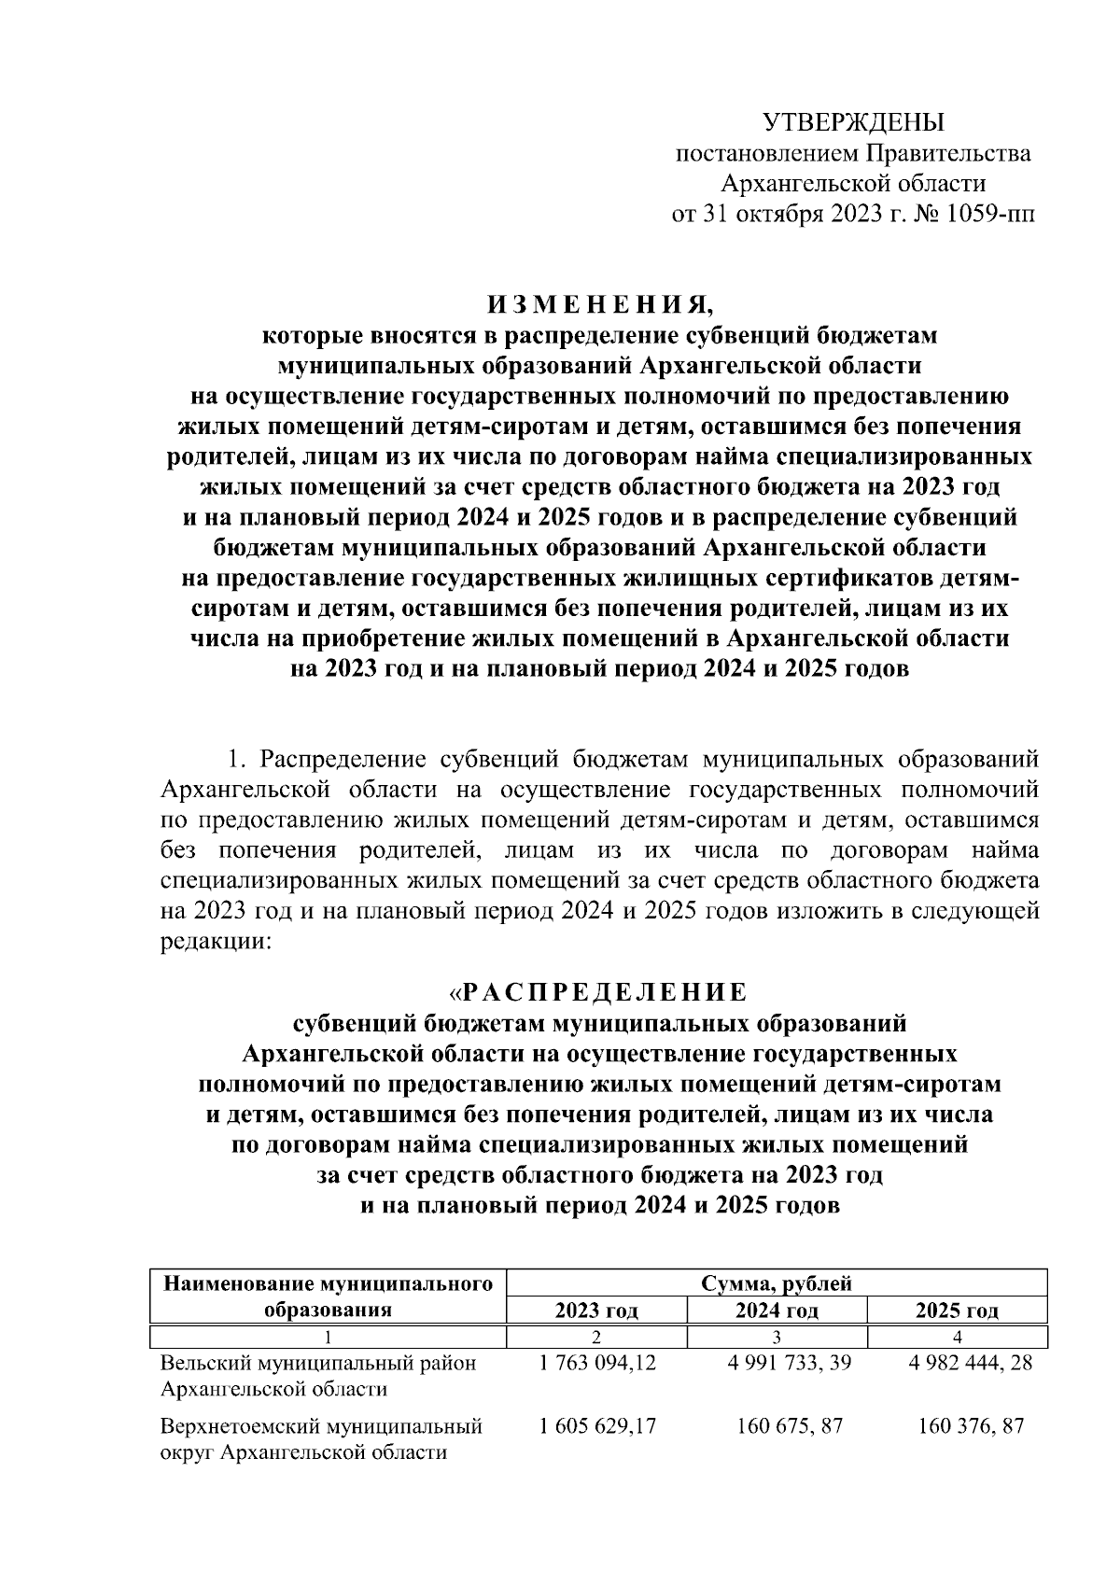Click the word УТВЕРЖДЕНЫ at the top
pyautogui.click(x=854, y=122)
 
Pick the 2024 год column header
pyautogui.click(x=777, y=1310)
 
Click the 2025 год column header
pyautogui.click(x=957, y=1310)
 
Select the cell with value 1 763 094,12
pyautogui.click(x=597, y=1363)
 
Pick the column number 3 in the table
pyautogui.click(x=777, y=1336)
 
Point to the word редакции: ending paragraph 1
pyautogui.click(x=216, y=942)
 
